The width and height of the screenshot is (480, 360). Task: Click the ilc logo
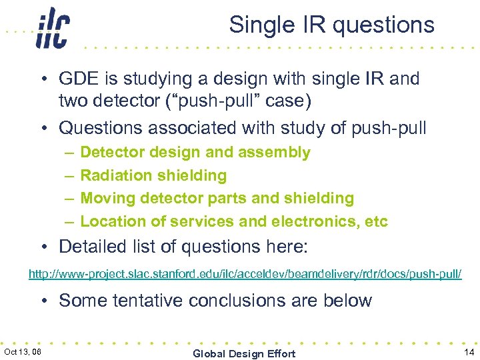pyautogui.click(x=53, y=27)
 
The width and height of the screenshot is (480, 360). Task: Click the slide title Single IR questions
pyautogui.click(x=331, y=25)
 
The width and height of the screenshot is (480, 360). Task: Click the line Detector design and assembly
pyautogui.click(x=195, y=153)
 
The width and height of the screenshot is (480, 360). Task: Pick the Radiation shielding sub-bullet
pyautogui.click(x=153, y=175)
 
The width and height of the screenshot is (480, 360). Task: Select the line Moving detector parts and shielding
pyautogui.click(x=217, y=198)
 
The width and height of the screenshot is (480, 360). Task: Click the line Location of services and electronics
pyautogui.click(x=233, y=221)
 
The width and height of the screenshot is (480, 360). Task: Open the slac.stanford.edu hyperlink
pyautogui.click(x=244, y=274)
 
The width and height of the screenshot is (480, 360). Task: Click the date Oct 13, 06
pyautogui.click(x=23, y=351)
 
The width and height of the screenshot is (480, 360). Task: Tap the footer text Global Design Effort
pyautogui.click(x=243, y=353)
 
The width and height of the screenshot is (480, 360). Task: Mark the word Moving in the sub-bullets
pyautogui.click(x=104, y=198)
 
